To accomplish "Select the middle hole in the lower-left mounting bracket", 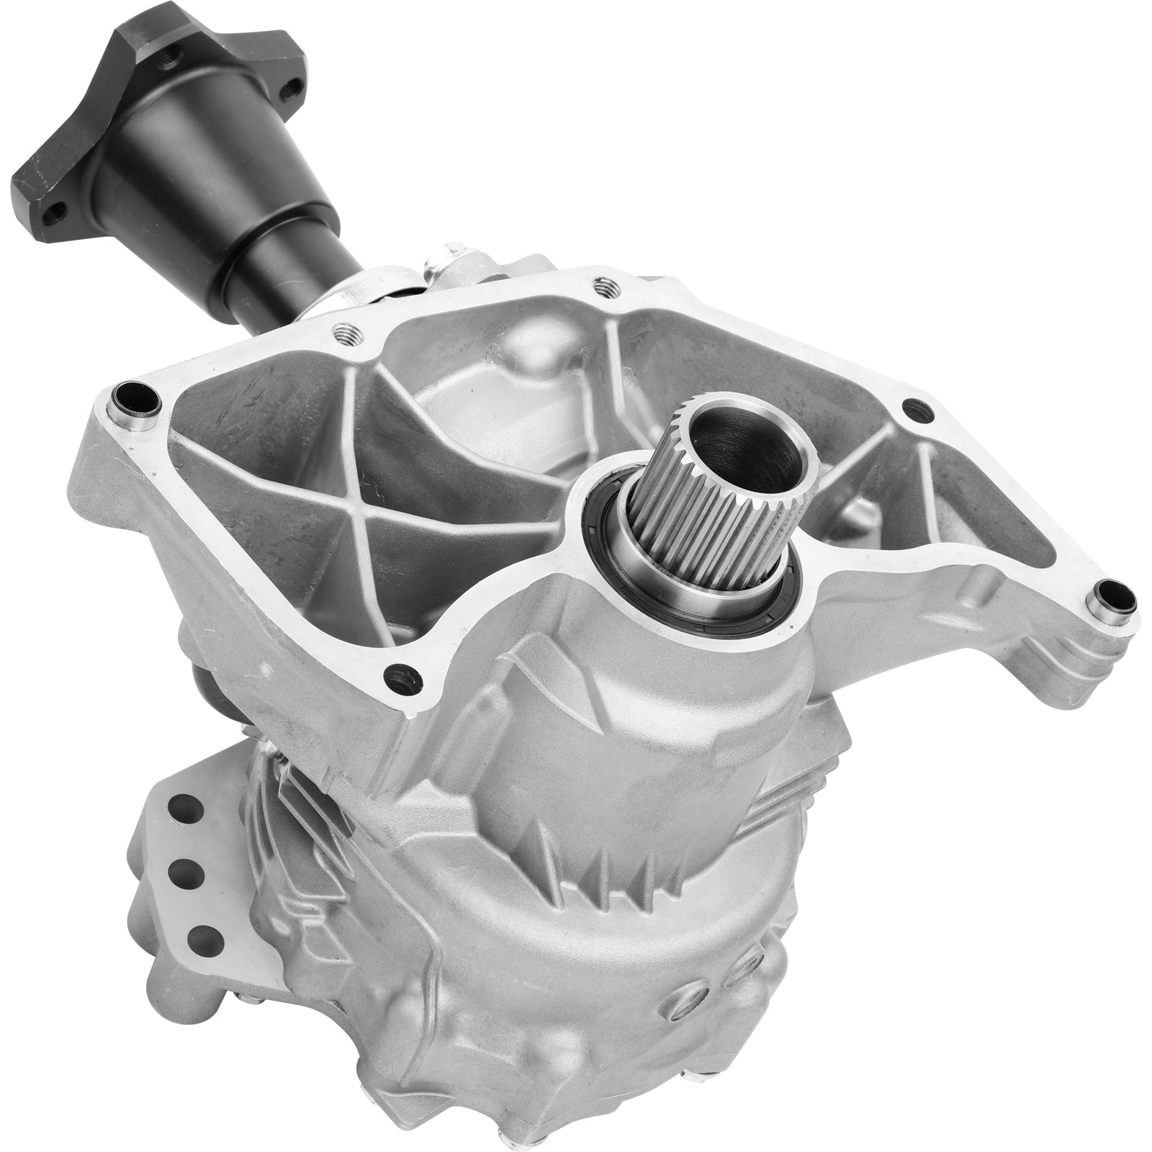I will tap(186, 874).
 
